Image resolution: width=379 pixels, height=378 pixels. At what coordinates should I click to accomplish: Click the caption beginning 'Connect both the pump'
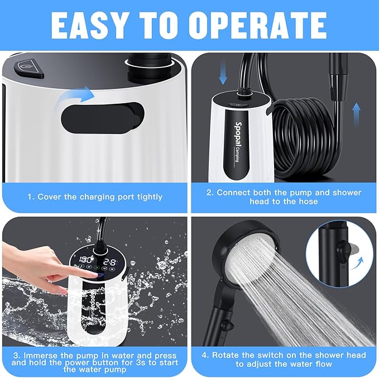point(284,197)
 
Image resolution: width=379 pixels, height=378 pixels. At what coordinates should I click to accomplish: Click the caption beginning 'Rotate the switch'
point(284,360)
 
